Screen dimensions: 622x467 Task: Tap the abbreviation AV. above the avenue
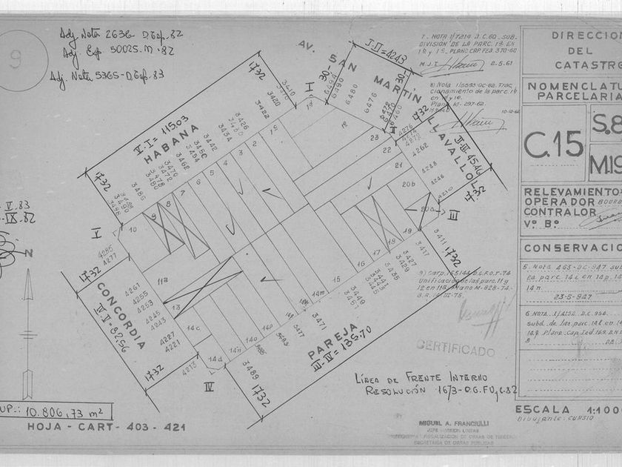307,46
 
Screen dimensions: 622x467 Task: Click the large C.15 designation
552,142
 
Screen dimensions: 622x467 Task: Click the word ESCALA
544,409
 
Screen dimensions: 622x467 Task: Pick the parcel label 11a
161,279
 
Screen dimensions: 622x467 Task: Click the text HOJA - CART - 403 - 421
106,427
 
